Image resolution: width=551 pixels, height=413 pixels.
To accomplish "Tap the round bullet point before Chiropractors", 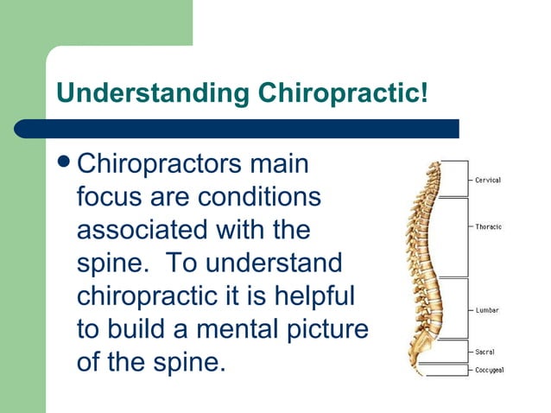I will pos(64,163).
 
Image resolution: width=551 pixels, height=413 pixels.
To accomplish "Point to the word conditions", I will pos(260,197).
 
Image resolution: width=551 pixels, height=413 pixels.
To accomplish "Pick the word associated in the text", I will pos(142,230).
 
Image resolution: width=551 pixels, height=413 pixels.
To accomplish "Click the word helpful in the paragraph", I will pos(313,295).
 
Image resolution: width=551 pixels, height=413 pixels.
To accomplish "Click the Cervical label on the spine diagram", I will pos(488,181).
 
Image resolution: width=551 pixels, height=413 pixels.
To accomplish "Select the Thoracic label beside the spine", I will pos(488,226).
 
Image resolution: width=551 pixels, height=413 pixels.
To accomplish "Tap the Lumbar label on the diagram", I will pos(487,310).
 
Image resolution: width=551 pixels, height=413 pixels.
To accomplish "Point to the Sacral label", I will pos(485,352).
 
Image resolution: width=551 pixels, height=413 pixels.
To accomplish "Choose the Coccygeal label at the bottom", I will pos(490,370).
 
